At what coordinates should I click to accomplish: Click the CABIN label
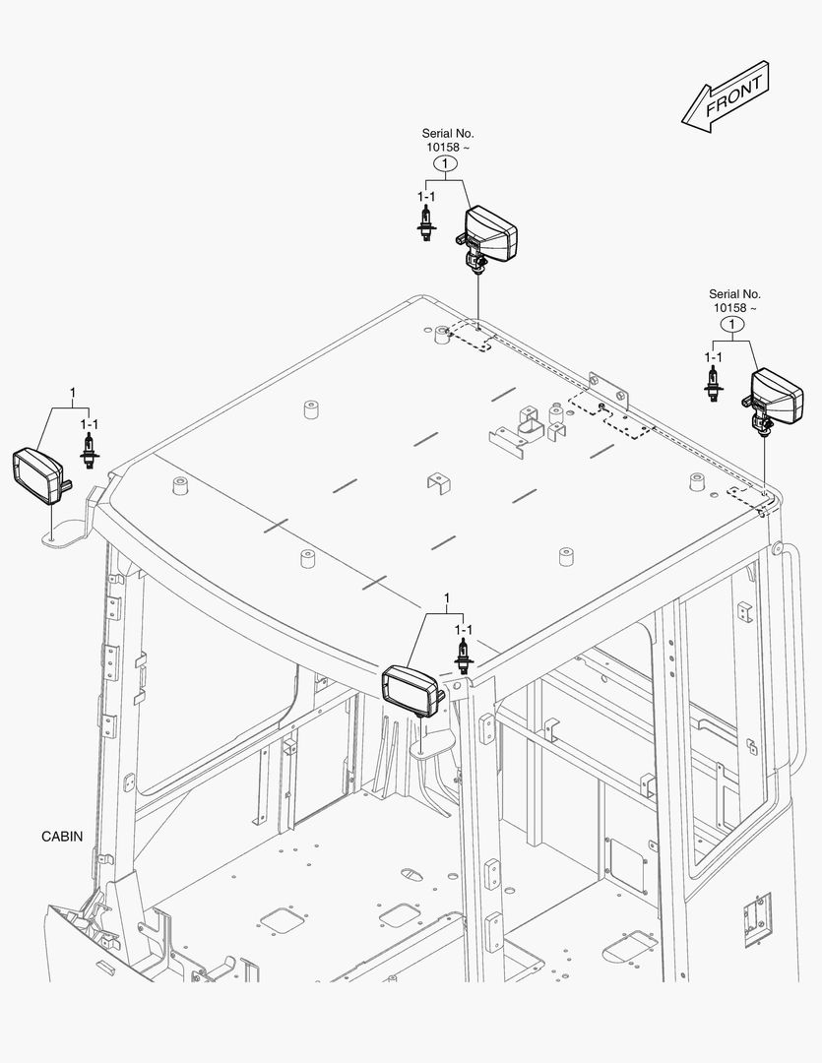point(62,837)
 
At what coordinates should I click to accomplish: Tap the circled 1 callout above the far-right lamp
point(731,324)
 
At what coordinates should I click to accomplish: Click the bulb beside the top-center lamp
point(426,224)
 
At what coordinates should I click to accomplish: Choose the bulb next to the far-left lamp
point(89,453)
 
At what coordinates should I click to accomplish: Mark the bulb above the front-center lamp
point(461,655)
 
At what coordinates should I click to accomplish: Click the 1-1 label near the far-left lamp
point(89,424)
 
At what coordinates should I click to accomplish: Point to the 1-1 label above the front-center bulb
point(462,629)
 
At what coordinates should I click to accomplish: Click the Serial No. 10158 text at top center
point(447,140)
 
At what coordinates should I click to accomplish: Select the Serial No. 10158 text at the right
point(734,300)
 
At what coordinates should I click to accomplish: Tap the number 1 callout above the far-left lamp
point(72,394)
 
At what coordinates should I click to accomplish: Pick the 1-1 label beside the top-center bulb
point(425,197)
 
